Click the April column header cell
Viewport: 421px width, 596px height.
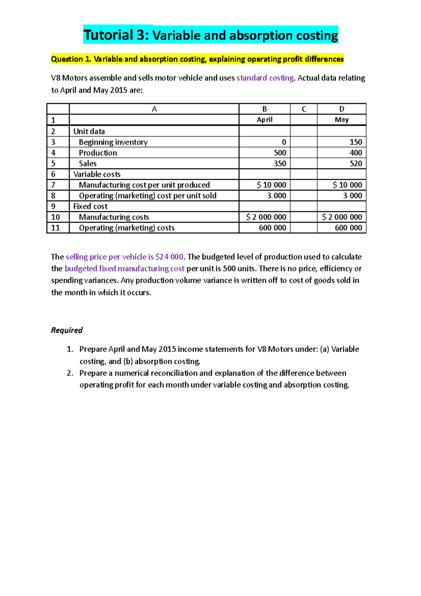point(264,120)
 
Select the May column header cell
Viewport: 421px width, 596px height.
point(341,120)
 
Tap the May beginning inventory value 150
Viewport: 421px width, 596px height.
point(355,142)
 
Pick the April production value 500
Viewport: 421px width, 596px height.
point(280,153)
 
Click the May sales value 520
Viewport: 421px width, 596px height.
point(355,164)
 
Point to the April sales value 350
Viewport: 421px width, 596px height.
point(280,164)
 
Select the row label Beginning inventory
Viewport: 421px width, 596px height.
point(113,142)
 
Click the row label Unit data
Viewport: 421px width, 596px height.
point(89,131)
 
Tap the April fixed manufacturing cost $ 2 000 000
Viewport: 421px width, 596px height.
point(266,217)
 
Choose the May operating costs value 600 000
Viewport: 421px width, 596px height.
point(348,228)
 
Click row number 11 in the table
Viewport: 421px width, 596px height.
point(55,228)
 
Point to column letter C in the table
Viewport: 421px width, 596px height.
point(304,109)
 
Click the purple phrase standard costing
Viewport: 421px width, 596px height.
point(265,78)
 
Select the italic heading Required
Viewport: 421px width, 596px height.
point(67,330)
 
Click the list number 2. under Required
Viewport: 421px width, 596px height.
point(70,373)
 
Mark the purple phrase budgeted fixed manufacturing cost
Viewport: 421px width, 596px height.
point(125,269)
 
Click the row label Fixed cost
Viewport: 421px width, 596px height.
point(90,206)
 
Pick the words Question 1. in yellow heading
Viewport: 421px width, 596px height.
point(71,59)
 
